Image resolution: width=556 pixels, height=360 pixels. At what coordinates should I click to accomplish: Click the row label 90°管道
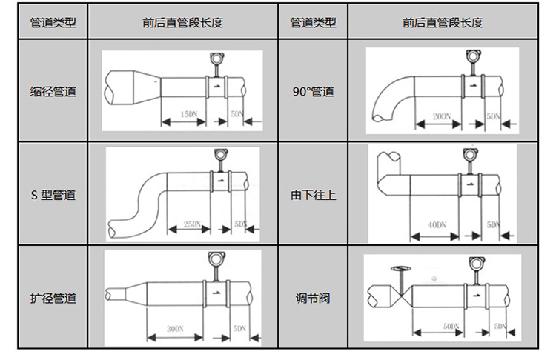click(313, 93)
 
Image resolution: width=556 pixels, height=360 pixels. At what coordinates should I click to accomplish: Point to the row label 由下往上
click(313, 196)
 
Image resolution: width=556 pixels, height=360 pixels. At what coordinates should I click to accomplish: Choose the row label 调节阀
click(313, 299)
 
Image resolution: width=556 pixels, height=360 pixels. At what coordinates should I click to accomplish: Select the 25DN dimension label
click(192, 224)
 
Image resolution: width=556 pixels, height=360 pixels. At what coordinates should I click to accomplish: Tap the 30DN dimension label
click(175, 327)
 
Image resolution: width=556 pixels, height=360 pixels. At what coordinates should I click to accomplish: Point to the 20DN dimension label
click(442, 116)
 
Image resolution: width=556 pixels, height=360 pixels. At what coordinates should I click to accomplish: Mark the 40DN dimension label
click(437, 224)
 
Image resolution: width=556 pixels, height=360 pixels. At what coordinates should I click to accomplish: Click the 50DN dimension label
click(450, 326)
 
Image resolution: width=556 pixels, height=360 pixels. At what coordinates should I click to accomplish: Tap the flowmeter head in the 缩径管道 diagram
click(217, 58)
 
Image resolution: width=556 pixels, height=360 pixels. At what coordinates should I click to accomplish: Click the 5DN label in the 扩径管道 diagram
click(239, 327)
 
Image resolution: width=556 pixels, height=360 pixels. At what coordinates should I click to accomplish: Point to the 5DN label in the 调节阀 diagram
click(500, 326)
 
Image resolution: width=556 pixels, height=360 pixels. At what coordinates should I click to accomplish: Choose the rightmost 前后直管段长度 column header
click(443, 22)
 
